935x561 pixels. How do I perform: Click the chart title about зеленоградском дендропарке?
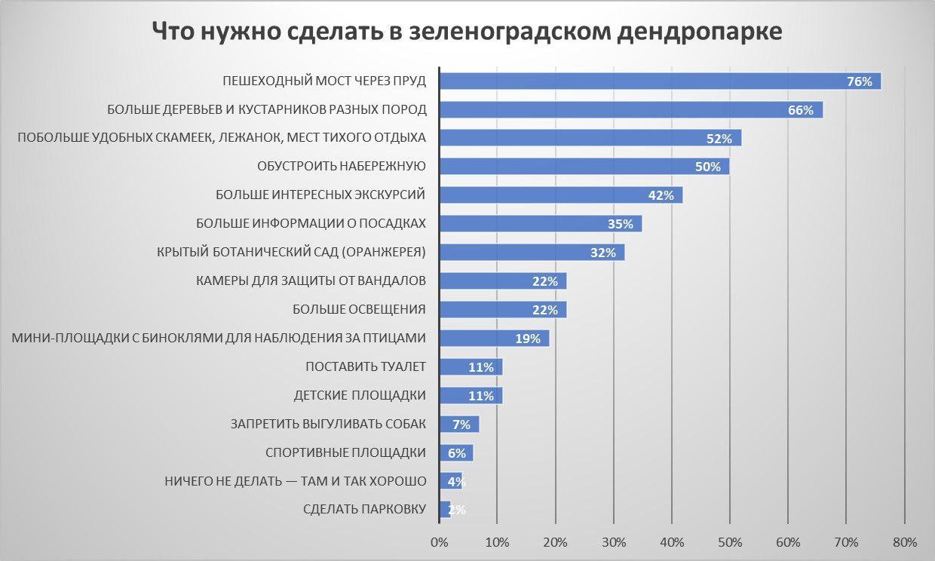(467, 32)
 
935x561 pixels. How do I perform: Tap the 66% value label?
(801, 110)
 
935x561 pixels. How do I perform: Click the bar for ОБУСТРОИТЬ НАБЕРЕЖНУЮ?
(584, 167)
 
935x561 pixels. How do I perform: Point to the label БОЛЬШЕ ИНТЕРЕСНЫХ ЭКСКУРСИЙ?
(320, 195)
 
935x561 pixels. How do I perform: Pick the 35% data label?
(620, 224)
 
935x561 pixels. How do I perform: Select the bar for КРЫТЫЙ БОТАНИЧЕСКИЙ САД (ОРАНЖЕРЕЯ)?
(532, 253)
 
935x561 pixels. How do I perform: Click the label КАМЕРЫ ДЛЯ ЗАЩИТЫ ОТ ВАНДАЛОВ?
(311, 280)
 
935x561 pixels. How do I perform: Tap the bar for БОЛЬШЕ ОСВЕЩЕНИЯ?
(502, 310)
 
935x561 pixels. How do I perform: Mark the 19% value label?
(528, 339)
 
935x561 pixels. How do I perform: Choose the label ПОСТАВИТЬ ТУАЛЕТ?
(366, 366)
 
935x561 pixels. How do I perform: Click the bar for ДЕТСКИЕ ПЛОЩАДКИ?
(470, 396)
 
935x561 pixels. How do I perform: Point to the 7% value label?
(461, 425)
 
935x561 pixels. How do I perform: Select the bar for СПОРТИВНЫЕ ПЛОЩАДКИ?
(455, 453)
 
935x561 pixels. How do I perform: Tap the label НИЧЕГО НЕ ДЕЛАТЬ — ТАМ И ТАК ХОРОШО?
(295, 481)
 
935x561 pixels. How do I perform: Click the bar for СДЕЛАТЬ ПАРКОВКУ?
(444, 510)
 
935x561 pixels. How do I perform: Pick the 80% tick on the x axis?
(904, 542)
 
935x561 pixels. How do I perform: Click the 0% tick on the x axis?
(439, 542)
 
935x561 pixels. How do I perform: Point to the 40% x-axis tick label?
(672, 542)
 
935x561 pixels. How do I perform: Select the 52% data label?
(719, 139)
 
